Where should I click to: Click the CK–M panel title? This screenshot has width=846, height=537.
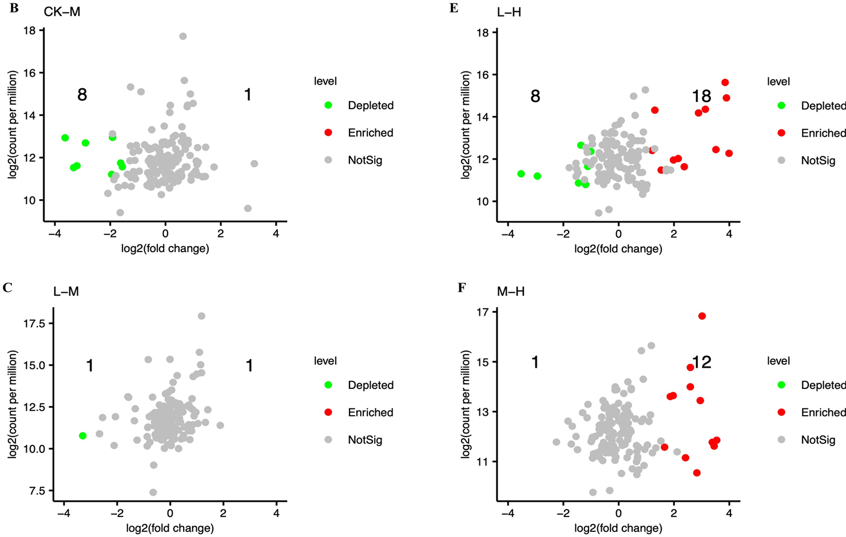[62, 11]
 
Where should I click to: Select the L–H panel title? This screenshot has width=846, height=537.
[509, 11]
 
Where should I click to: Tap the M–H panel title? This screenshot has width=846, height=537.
[510, 292]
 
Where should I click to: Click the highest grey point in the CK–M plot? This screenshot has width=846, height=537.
[183, 36]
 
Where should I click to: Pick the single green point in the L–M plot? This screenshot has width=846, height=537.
[83, 436]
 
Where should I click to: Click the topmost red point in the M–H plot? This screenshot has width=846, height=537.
[702, 316]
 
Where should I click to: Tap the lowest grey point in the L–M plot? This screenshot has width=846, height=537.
[153, 492]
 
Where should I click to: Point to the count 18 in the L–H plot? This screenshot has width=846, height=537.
[701, 96]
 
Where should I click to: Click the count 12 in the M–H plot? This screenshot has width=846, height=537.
[702, 362]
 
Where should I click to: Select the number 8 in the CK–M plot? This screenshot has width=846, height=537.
[82, 95]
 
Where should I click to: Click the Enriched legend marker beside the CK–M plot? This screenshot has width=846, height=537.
[328, 133]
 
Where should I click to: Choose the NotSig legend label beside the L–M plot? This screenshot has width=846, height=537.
[365, 440]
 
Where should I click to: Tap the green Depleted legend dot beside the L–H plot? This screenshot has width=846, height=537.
[781, 106]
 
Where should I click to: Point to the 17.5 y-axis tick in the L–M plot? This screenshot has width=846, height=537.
[34, 324]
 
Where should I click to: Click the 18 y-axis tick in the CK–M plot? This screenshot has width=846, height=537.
[30, 30]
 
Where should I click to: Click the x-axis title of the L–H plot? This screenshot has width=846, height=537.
[618, 249]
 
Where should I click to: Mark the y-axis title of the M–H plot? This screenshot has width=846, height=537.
[466, 405]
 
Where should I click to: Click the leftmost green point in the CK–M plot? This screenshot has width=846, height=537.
[65, 138]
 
